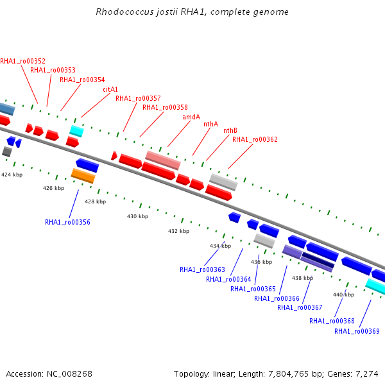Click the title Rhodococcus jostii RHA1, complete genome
[192, 12]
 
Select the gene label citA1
[110, 89]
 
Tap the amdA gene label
[191, 117]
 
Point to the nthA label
[210, 124]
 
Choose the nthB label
[230, 130]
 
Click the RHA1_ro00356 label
[67, 222]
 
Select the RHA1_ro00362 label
[255, 139]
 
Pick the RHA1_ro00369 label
[357, 331]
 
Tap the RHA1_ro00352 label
[23, 61]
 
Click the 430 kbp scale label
[137, 216]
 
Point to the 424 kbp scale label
[12, 175]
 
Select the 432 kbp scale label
[178, 231]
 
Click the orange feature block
[83, 176]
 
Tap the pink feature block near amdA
[163, 160]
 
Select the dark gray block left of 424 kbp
[7, 151]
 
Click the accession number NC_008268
[69, 374]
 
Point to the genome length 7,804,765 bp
[288, 374]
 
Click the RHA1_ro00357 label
[138, 98]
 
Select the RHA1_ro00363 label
[202, 270]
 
